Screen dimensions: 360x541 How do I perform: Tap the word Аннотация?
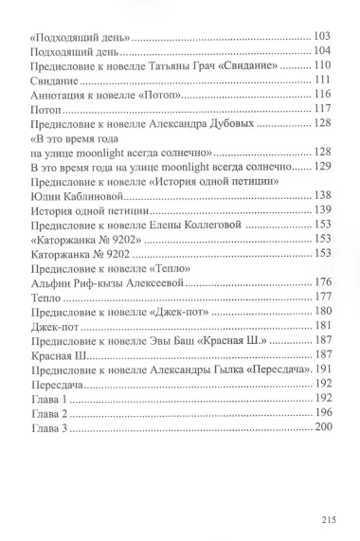click(60, 96)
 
